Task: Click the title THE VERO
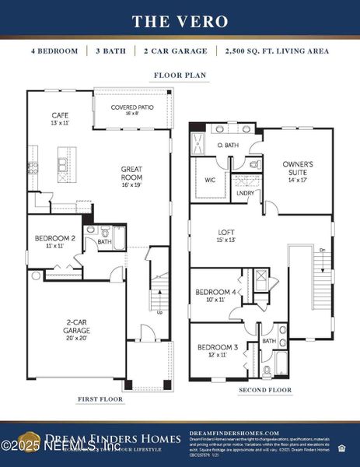tap(180, 21)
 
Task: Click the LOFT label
tap(226, 231)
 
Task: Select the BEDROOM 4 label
tap(215, 292)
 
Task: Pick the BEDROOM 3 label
tap(216, 347)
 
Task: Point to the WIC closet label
tap(211, 179)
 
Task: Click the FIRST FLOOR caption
tap(100, 399)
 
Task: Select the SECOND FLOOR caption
tap(265, 389)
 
